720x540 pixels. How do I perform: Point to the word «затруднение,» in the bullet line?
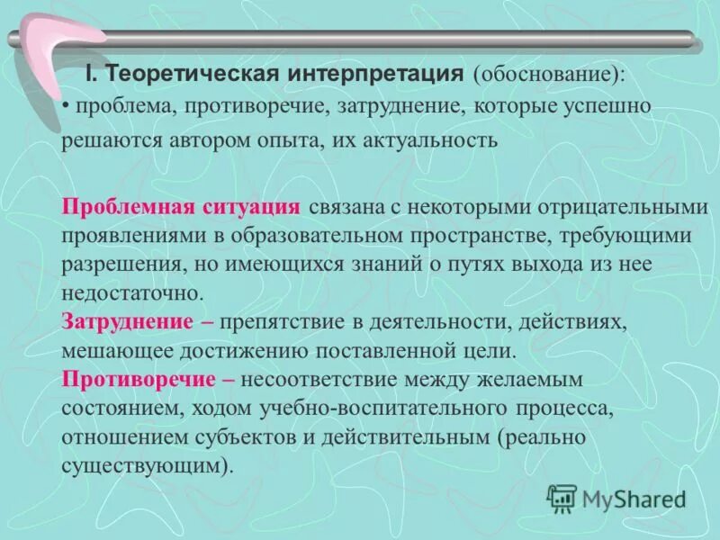(402, 106)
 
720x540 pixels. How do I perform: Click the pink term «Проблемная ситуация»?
(181, 206)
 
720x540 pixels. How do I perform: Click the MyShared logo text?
(634, 498)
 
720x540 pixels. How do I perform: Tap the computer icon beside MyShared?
(562, 498)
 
